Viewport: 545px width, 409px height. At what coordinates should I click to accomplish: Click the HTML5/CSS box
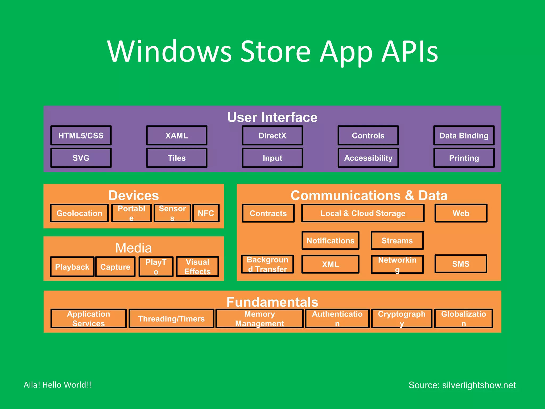point(81,136)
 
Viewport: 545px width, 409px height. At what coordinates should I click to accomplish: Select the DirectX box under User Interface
point(272,136)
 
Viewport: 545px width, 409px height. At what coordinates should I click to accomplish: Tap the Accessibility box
point(368,158)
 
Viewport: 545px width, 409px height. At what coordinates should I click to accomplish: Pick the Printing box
point(464,158)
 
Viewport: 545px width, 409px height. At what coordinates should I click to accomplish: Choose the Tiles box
point(176,158)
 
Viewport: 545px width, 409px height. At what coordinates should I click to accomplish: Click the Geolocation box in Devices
point(79,213)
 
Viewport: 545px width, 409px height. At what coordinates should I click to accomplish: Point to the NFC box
point(206,213)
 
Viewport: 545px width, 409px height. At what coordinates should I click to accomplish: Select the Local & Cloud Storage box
point(363,213)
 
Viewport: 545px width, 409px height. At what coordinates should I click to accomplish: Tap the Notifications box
point(330,240)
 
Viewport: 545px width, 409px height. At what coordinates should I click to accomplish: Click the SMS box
point(461,264)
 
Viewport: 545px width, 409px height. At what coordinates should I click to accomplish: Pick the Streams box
point(397,240)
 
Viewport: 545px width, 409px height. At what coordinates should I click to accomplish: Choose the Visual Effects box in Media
point(197,267)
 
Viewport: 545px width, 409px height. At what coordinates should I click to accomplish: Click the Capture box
point(115,267)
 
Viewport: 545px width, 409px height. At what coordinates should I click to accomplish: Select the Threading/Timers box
point(171,318)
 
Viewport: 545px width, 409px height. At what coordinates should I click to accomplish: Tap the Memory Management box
point(259,318)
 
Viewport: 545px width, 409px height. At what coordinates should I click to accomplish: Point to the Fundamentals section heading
point(272,302)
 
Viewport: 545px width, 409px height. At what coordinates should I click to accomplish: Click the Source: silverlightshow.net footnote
point(462,385)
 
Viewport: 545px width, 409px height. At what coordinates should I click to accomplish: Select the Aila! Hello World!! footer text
point(58,385)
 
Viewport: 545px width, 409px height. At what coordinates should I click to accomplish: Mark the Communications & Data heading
point(369,195)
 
